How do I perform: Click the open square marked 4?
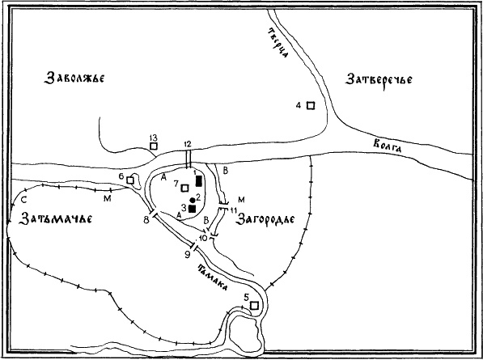point(309,105)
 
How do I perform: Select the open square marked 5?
point(255,305)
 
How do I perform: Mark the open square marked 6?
point(129,179)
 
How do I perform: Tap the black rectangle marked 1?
point(199,180)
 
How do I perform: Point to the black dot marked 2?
point(191,199)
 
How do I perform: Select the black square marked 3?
point(193,209)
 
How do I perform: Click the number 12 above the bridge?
point(188,142)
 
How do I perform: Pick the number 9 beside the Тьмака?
point(187,255)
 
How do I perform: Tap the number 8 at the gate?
point(146,219)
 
